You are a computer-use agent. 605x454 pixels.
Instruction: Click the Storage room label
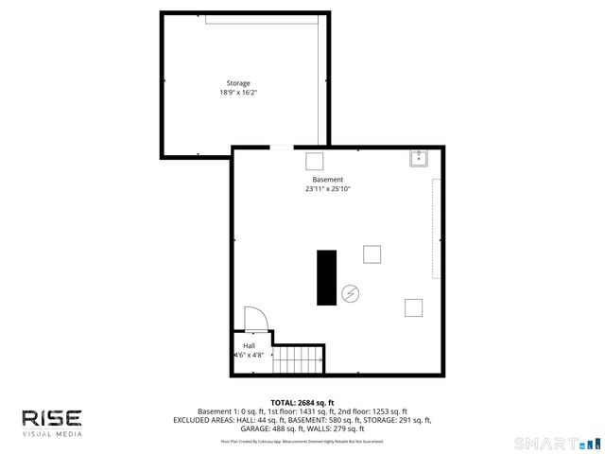point(238,83)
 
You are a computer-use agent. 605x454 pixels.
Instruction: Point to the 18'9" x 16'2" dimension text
point(238,93)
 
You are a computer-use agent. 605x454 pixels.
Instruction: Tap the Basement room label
point(328,180)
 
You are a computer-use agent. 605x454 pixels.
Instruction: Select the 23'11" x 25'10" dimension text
point(328,189)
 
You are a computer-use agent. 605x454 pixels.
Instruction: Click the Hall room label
point(249,345)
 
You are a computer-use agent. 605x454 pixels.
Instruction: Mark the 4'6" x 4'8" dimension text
point(249,355)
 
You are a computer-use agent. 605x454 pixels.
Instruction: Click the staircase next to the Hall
point(300,359)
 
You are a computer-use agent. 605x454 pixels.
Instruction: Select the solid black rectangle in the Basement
point(326,277)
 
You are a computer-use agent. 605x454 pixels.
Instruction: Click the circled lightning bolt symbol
point(351,294)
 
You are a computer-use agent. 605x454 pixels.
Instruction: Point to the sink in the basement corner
point(420,157)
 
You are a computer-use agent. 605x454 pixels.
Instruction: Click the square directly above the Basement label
point(314,160)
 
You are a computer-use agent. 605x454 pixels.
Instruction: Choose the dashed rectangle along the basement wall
point(437,228)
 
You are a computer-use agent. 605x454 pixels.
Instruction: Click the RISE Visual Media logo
point(53,422)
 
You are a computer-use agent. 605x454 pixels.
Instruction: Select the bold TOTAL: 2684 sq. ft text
point(302,403)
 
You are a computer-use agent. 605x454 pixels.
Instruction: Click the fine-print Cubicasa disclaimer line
point(302,441)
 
